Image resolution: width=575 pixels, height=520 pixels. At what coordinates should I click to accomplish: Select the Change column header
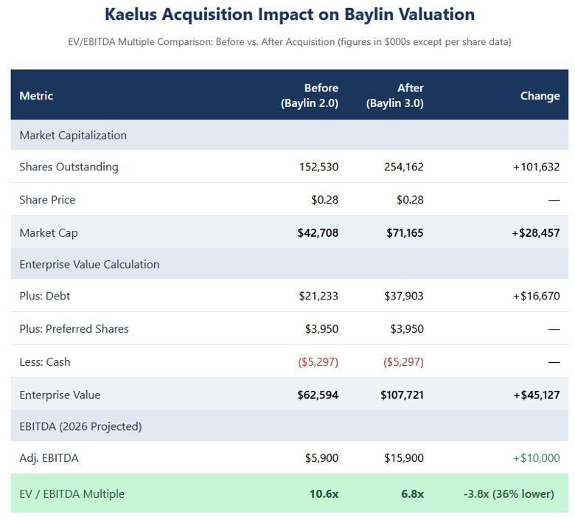[540, 96]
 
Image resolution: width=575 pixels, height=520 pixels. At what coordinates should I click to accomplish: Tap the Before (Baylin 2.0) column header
[309, 96]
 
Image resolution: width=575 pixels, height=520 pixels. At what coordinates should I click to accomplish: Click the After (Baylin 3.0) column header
[394, 96]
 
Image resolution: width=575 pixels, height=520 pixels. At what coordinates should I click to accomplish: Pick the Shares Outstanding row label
[69, 167]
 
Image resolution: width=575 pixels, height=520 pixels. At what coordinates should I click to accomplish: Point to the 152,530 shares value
[318, 167]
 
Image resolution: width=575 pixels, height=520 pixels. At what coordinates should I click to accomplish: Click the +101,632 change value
[536, 167]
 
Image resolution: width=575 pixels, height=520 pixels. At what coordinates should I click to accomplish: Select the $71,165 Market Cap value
[405, 232]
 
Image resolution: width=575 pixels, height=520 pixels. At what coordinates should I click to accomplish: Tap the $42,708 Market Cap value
[318, 232]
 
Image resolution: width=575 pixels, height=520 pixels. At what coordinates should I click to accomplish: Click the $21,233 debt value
[318, 296]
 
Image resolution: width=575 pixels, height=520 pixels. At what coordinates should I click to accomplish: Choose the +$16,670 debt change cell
[536, 296]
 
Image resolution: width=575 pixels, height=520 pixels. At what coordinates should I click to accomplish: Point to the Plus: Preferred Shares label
[74, 329]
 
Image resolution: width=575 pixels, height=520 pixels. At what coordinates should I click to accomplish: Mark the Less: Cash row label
[45, 361]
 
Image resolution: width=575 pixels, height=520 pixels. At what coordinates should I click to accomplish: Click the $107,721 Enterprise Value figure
[402, 395]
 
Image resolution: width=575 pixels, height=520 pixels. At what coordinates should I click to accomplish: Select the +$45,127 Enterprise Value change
[536, 395]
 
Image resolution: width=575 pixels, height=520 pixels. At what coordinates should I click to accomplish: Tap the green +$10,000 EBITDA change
[536, 458]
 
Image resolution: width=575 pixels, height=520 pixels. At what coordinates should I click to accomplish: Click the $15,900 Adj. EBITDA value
[404, 458]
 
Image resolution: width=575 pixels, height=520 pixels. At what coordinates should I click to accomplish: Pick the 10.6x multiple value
[324, 493]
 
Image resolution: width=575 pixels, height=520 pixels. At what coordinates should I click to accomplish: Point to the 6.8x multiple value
[412, 493]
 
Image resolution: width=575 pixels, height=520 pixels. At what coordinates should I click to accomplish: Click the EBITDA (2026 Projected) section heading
[80, 426]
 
